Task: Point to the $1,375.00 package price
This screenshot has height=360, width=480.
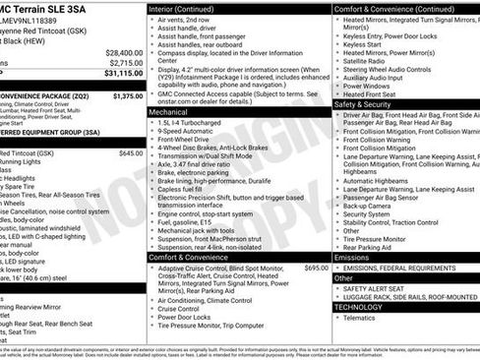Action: tap(128, 96)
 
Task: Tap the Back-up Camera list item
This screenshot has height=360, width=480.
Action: tap(368, 205)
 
